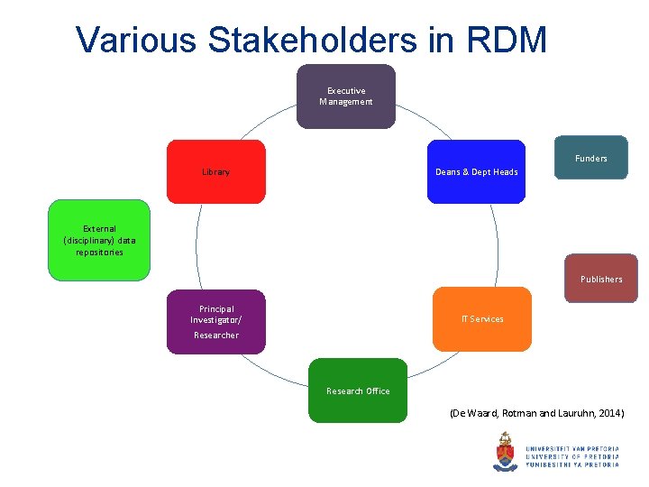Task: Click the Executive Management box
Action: pyautogui.click(x=346, y=96)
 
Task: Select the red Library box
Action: pyautogui.click(x=215, y=171)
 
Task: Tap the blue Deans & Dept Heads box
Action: pyautogui.click(x=476, y=171)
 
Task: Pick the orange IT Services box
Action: pyautogui.click(x=482, y=318)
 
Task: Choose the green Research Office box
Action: pyautogui.click(x=358, y=391)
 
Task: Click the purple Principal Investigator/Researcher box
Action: pyautogui.click(x=215, y=321)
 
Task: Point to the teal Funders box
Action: pyautogui.click(x=590, y=159)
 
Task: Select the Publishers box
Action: pyautogui.click(x=600, y=279)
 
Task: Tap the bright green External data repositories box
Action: pyautogui.click(x=99, y=241)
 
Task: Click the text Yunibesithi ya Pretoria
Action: pyautogui.click(x=571, y=464)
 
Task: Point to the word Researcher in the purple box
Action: pyautogui.click(x=216, y=335)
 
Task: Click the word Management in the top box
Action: pyautogui.click(x=345, y=102)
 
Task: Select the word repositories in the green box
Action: pyautogui.click(x=99, y=253)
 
